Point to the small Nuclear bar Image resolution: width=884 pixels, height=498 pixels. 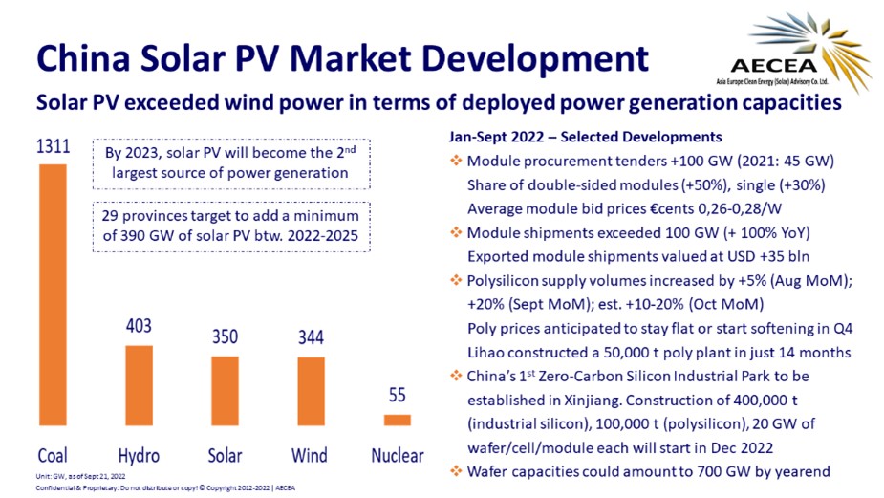[398, 420]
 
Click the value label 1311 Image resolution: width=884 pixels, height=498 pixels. [53, 147]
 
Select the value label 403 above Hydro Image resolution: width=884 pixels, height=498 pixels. [139, 327]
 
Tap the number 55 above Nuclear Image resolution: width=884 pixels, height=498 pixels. [398, 396]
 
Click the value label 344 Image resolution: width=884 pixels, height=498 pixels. [312, 338]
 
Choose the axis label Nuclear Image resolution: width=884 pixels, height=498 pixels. [398, 455]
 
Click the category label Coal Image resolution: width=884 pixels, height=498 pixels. [53, 455]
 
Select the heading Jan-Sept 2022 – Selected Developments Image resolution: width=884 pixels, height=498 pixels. [584, 137]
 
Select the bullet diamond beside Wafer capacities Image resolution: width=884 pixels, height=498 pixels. [456, 470]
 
